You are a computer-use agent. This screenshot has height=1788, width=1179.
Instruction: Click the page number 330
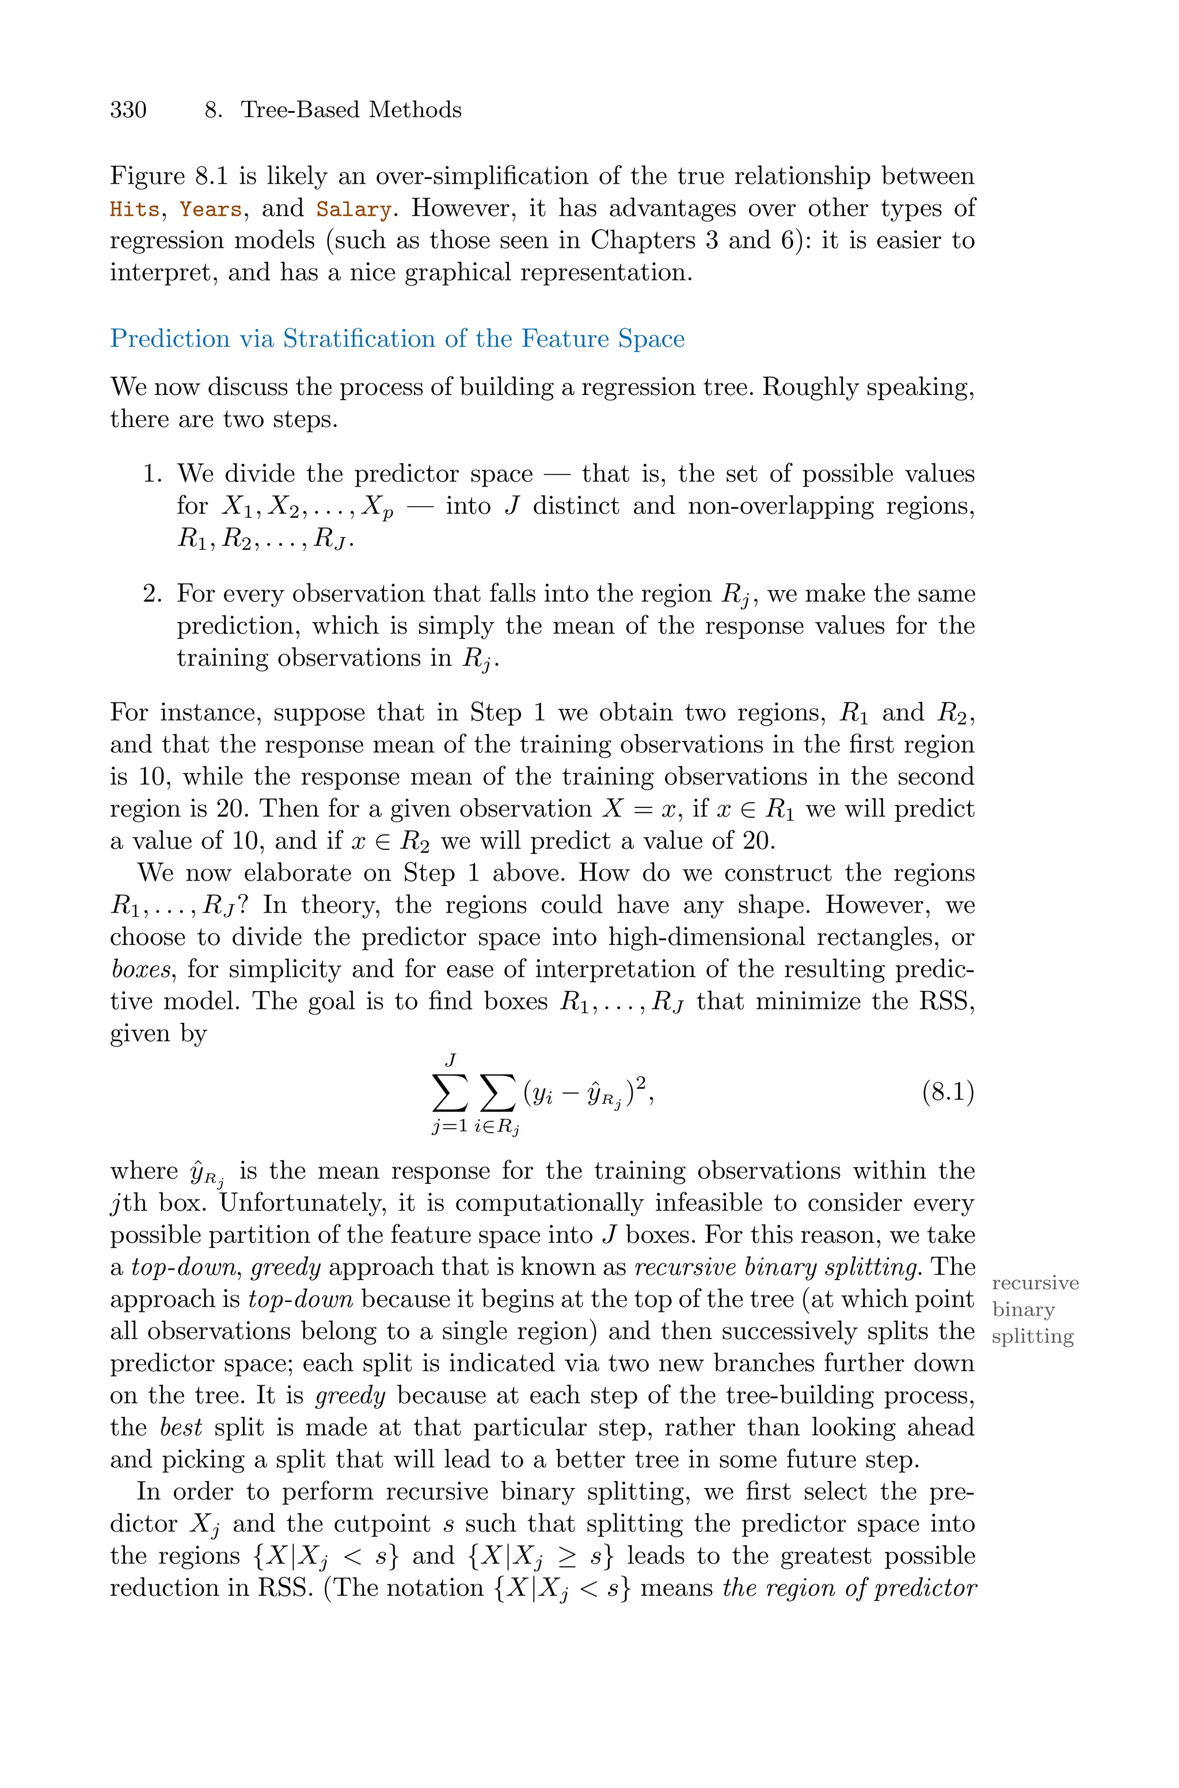(x=128, y=110)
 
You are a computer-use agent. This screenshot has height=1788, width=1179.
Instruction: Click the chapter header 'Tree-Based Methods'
(x=351, y=110)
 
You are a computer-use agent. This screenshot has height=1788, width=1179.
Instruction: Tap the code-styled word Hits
(x=134, y=209)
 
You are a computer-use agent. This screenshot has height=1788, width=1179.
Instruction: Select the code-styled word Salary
(x=353, y=209)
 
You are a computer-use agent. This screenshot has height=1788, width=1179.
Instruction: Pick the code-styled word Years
(x=211, y=209)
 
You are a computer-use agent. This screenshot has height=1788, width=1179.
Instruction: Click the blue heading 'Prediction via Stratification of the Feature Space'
(x=397, y=339)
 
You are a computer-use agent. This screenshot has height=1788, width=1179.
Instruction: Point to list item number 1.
(x=153, y=474)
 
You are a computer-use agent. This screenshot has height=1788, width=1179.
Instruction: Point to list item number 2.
(x=153, y=594)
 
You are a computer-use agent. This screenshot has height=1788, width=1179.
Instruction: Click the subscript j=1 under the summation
(x=449, y=1126)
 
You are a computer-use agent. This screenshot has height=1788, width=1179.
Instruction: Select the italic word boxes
(x=140, y=969)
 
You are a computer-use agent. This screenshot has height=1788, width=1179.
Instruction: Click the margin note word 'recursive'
(x=1035, y=1283)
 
